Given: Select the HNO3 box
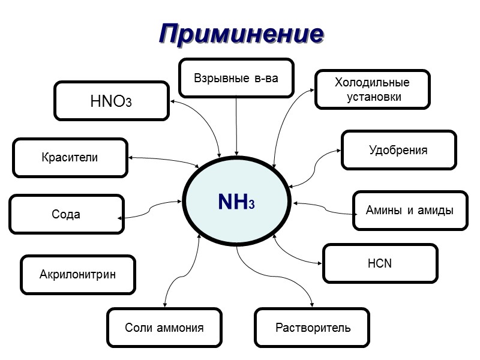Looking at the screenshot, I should (x=111, y=101).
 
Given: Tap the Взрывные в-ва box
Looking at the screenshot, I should (x=236, y=78).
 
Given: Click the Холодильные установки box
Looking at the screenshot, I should (x=373, y=89).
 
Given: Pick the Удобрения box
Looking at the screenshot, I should (x=398, y=150).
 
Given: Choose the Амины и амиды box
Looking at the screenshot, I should (x=410, y=211).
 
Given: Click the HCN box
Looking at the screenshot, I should (x=379, y=263).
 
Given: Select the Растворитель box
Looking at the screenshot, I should (x=313, y=328).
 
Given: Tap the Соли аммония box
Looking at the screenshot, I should (x=164, y=328).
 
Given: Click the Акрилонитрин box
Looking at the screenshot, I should (x=78, y=275).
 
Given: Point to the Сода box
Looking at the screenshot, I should (x=67, y=214).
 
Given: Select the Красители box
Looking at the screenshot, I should (x=70, y=158).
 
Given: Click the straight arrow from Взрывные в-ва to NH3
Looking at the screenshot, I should (x=237, y=126).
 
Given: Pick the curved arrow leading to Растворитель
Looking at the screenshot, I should (x=282, y=282).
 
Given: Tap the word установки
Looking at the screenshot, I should (x=373, y=96).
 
